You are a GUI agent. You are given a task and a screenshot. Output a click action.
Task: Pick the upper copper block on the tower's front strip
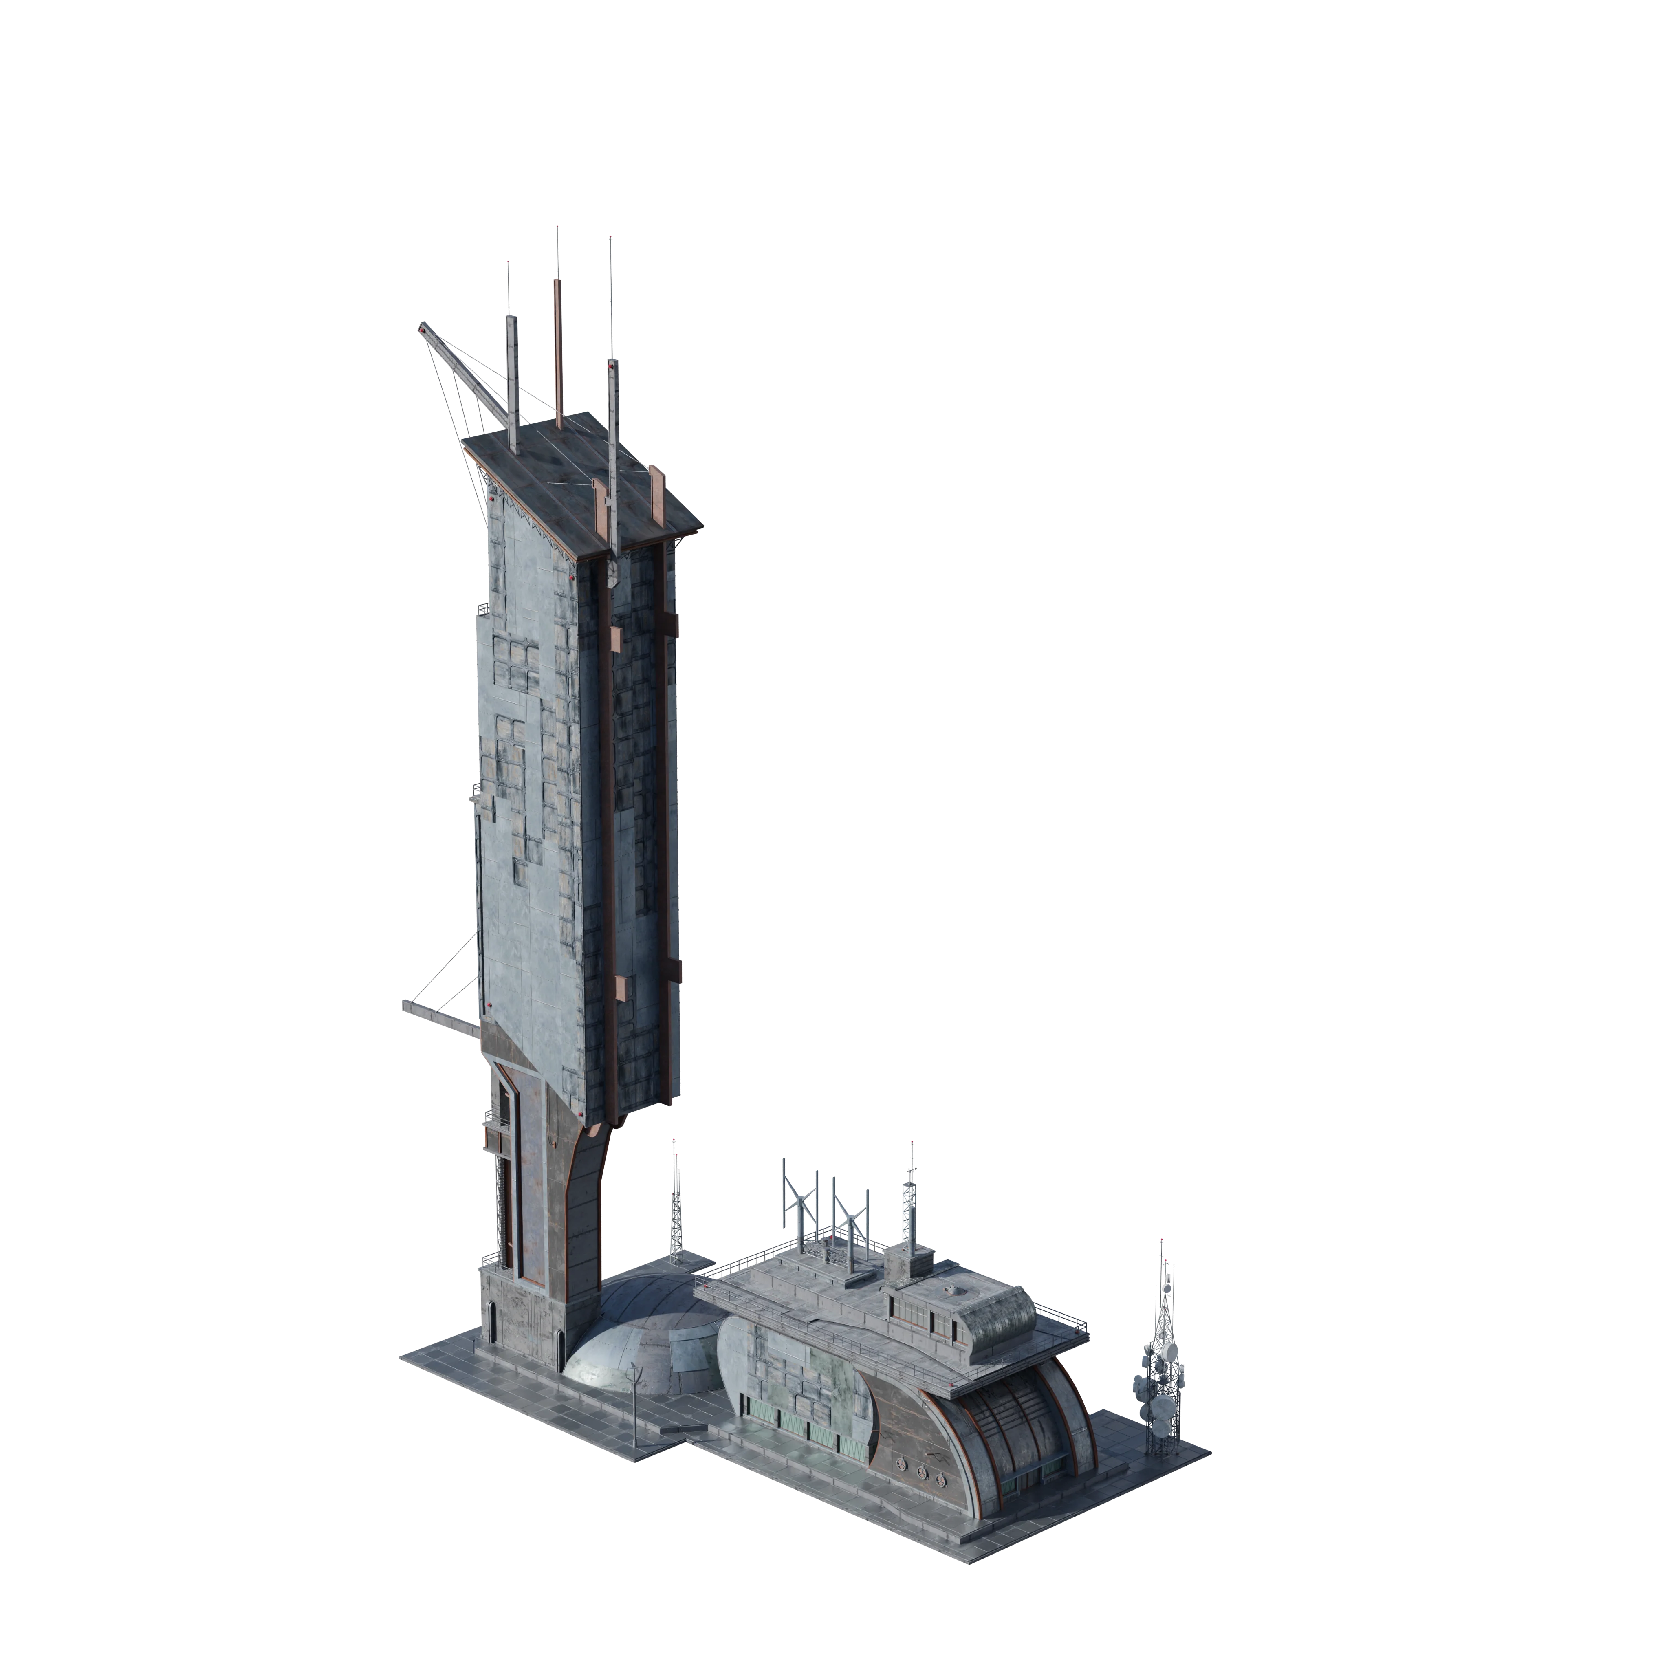point(615,639)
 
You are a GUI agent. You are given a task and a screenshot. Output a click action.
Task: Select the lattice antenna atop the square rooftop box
point(909,1201)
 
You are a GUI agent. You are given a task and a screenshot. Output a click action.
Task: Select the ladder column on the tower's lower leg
point(498,1209)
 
